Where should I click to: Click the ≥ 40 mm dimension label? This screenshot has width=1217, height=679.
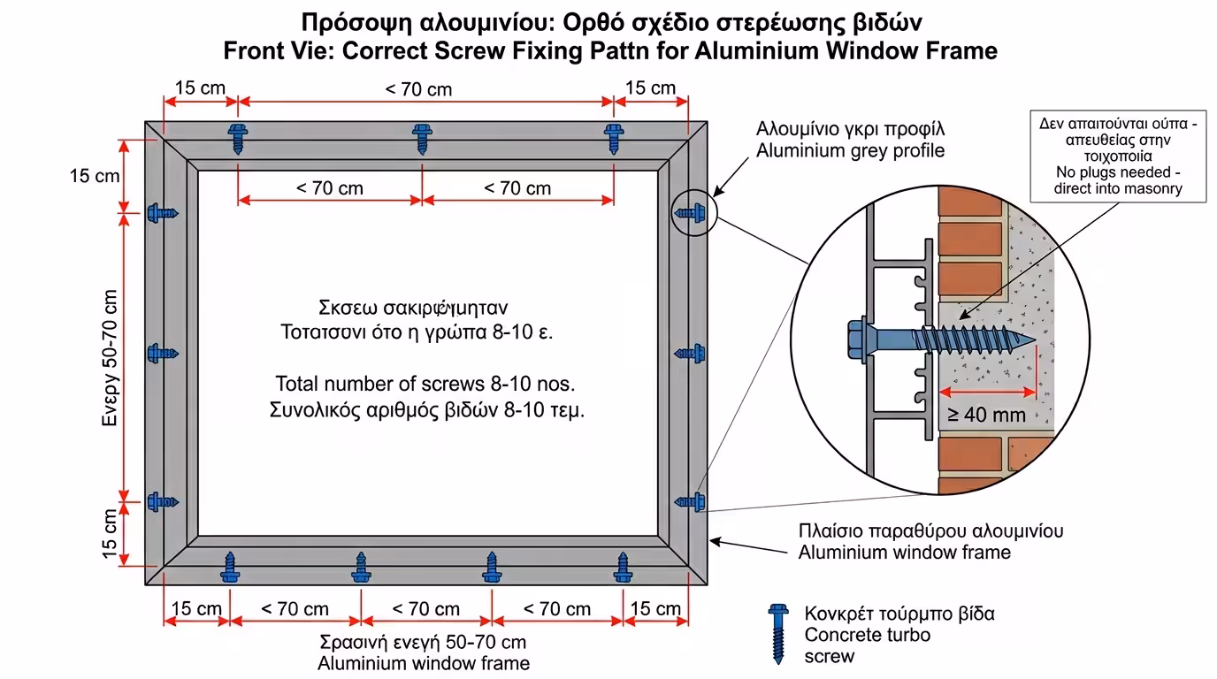tap(987, 414)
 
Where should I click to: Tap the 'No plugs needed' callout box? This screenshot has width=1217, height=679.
tap(1118, 156)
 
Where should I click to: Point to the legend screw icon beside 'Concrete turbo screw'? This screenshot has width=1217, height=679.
tap(778, 633)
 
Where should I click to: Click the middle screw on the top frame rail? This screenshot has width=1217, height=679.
tap(422, 137)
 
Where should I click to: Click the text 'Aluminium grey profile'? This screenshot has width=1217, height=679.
tap(850, 150)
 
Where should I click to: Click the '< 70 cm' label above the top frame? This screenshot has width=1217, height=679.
tap(418, 89)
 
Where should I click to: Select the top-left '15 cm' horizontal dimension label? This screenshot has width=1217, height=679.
tap(200, 88)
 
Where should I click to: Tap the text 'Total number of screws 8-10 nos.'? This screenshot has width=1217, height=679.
tap(425, 385)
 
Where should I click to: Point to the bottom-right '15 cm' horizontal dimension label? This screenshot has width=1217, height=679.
tap(655, 608)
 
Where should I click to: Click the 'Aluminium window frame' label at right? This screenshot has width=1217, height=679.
tap(904, 553)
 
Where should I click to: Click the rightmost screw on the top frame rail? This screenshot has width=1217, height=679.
tap(614, 137)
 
